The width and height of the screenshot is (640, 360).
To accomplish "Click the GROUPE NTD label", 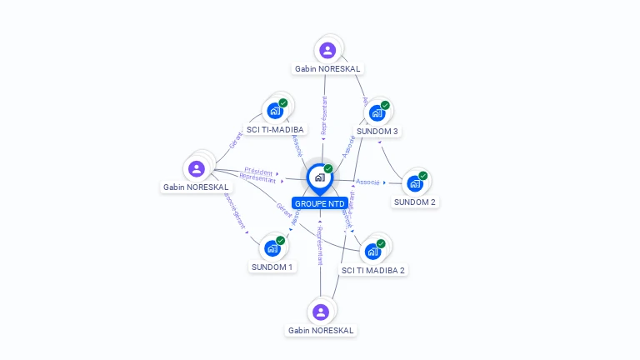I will (320, 203).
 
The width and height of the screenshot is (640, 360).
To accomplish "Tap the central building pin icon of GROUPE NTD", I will (319, 177).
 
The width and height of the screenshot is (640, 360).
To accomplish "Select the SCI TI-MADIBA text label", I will (276, 129).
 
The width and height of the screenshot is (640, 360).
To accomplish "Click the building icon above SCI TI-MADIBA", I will (274, 110).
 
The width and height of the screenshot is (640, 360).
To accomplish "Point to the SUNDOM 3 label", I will (377, 132).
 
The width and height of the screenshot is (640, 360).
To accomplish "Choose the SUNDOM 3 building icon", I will (377, 112).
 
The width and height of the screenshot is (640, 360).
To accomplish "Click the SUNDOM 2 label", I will (415, 202).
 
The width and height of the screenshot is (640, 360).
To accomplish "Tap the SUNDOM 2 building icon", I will (414, 183).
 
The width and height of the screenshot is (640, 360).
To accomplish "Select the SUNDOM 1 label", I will (272, 267).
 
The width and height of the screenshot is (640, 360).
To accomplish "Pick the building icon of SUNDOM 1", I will (272, 248).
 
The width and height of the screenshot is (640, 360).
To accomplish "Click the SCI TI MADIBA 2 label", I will (373, 270).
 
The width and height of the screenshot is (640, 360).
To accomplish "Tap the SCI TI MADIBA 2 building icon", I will (372, 251).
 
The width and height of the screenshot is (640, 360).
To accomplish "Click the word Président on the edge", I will (258, 172).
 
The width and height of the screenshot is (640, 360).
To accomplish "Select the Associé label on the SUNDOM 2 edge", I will (367, 182).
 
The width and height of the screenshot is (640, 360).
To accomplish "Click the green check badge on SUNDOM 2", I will (423, 175).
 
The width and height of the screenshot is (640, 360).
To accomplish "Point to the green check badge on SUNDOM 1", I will (281, 240).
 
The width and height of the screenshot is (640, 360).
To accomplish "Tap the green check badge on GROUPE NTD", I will (328, 168).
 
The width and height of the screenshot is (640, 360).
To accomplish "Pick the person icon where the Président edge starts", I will (197, 168).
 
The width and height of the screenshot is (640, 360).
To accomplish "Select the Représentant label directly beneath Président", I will (257, 177).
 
